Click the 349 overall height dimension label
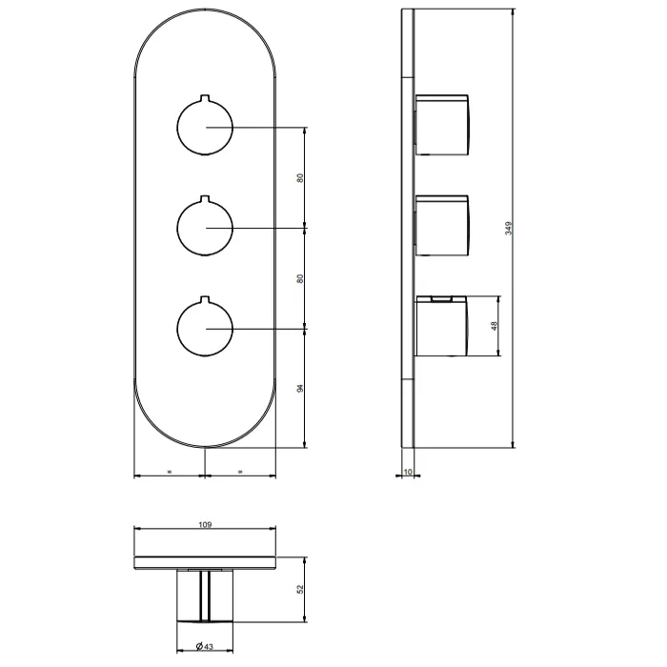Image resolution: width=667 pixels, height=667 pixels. (508, 228)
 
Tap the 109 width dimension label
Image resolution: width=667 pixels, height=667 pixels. (205, 524)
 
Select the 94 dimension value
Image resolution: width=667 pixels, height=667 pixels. (300, 388)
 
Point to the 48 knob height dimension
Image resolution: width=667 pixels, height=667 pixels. (494, 326)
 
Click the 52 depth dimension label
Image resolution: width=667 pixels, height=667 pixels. (300, 589)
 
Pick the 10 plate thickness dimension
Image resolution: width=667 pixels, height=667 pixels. (408, 472)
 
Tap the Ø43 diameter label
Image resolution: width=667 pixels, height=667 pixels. (205, 647)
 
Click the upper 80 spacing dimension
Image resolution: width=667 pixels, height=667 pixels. (300, 178)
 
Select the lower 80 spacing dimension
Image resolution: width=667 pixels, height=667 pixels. (300, 278)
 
